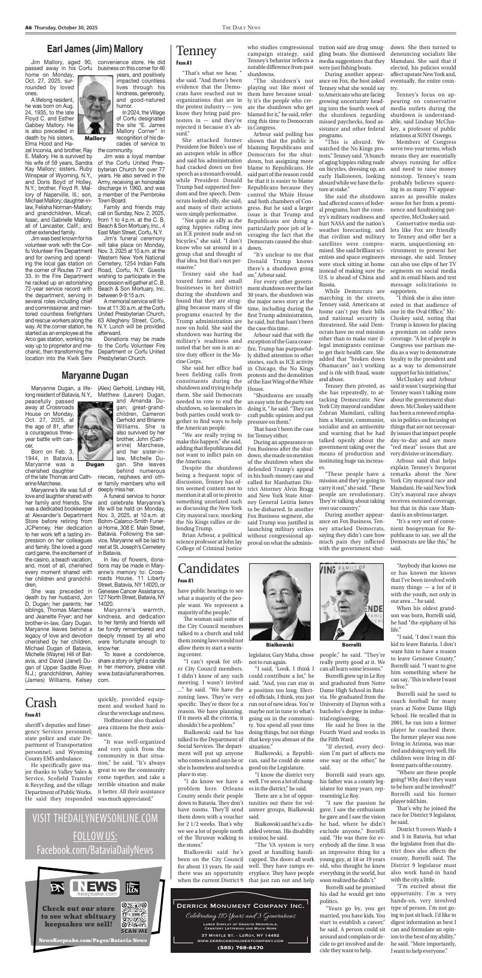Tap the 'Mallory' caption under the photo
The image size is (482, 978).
pos(95,138)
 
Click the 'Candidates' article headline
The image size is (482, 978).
pos(208,568)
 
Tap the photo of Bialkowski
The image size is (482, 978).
pos(280,589)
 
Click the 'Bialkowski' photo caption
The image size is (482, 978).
pos(280,628)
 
